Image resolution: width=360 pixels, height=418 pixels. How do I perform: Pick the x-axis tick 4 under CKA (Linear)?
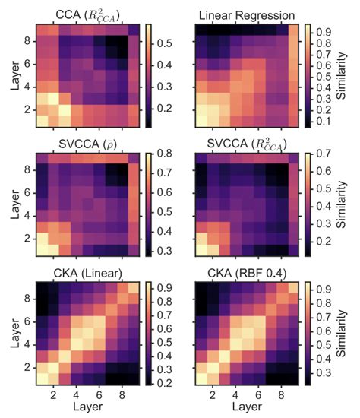coord(76,396)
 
